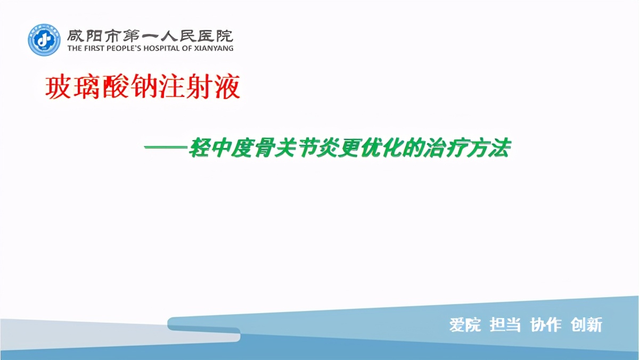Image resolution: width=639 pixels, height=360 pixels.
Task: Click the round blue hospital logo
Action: pos(44,40)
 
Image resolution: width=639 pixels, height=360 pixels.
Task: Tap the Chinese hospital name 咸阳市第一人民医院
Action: pos(150,36)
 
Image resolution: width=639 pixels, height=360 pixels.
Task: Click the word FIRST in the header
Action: pos(91,48)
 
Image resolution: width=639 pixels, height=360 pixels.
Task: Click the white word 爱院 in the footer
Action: pos(465,324)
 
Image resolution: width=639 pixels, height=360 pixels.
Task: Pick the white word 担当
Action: pos(505,324)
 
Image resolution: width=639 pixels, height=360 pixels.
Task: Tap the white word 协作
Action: pos(546,324)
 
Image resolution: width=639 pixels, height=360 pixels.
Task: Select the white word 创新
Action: pos(586,324)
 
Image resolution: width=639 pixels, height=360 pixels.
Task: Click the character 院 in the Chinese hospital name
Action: pos(224,36)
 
